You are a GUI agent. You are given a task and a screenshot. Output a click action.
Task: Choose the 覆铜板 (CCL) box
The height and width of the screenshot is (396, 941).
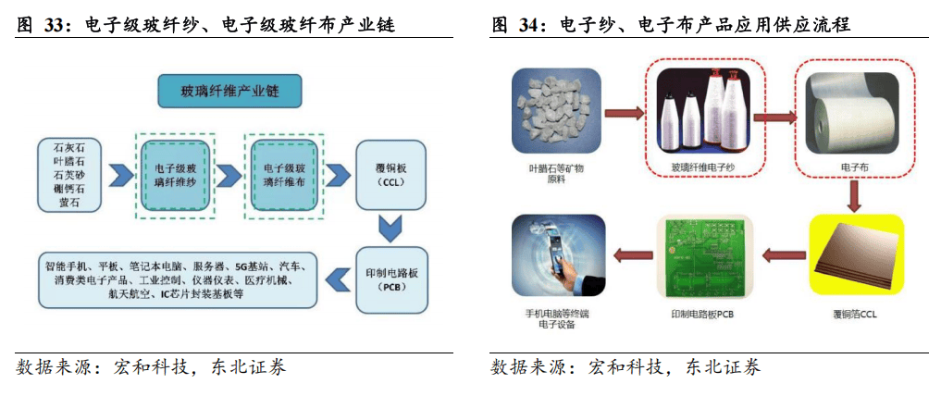tap(389, 175)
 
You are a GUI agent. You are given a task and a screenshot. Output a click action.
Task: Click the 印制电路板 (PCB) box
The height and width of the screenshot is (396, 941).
tap(389, 278)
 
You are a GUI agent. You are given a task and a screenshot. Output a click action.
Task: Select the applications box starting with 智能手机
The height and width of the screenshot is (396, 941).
tap(180, 278)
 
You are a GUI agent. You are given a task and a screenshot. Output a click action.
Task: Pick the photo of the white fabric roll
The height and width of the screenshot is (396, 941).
tap(853, 112)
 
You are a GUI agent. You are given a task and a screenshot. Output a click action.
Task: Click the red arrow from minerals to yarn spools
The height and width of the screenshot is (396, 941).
tap(625, 115)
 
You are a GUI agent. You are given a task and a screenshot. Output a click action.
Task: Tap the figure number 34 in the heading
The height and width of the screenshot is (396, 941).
tap(529, 26)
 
